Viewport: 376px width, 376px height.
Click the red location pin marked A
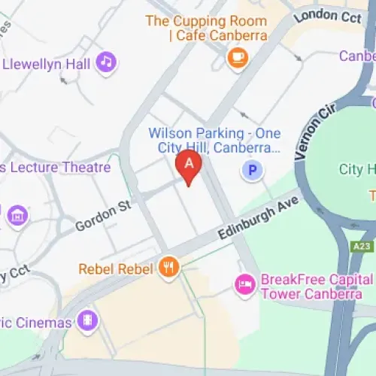tap(188, 165)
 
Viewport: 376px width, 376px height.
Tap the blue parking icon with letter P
tap(253, 171)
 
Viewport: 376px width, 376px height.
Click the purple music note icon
tap(107, 62)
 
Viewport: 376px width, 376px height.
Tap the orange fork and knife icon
tap(168, 267)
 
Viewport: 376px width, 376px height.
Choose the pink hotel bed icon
tap(244, 284)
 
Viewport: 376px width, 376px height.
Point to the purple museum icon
tap(17, 216)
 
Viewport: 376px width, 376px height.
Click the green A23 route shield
tap(361, 245)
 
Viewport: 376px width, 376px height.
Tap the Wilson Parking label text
tap(214, 140)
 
